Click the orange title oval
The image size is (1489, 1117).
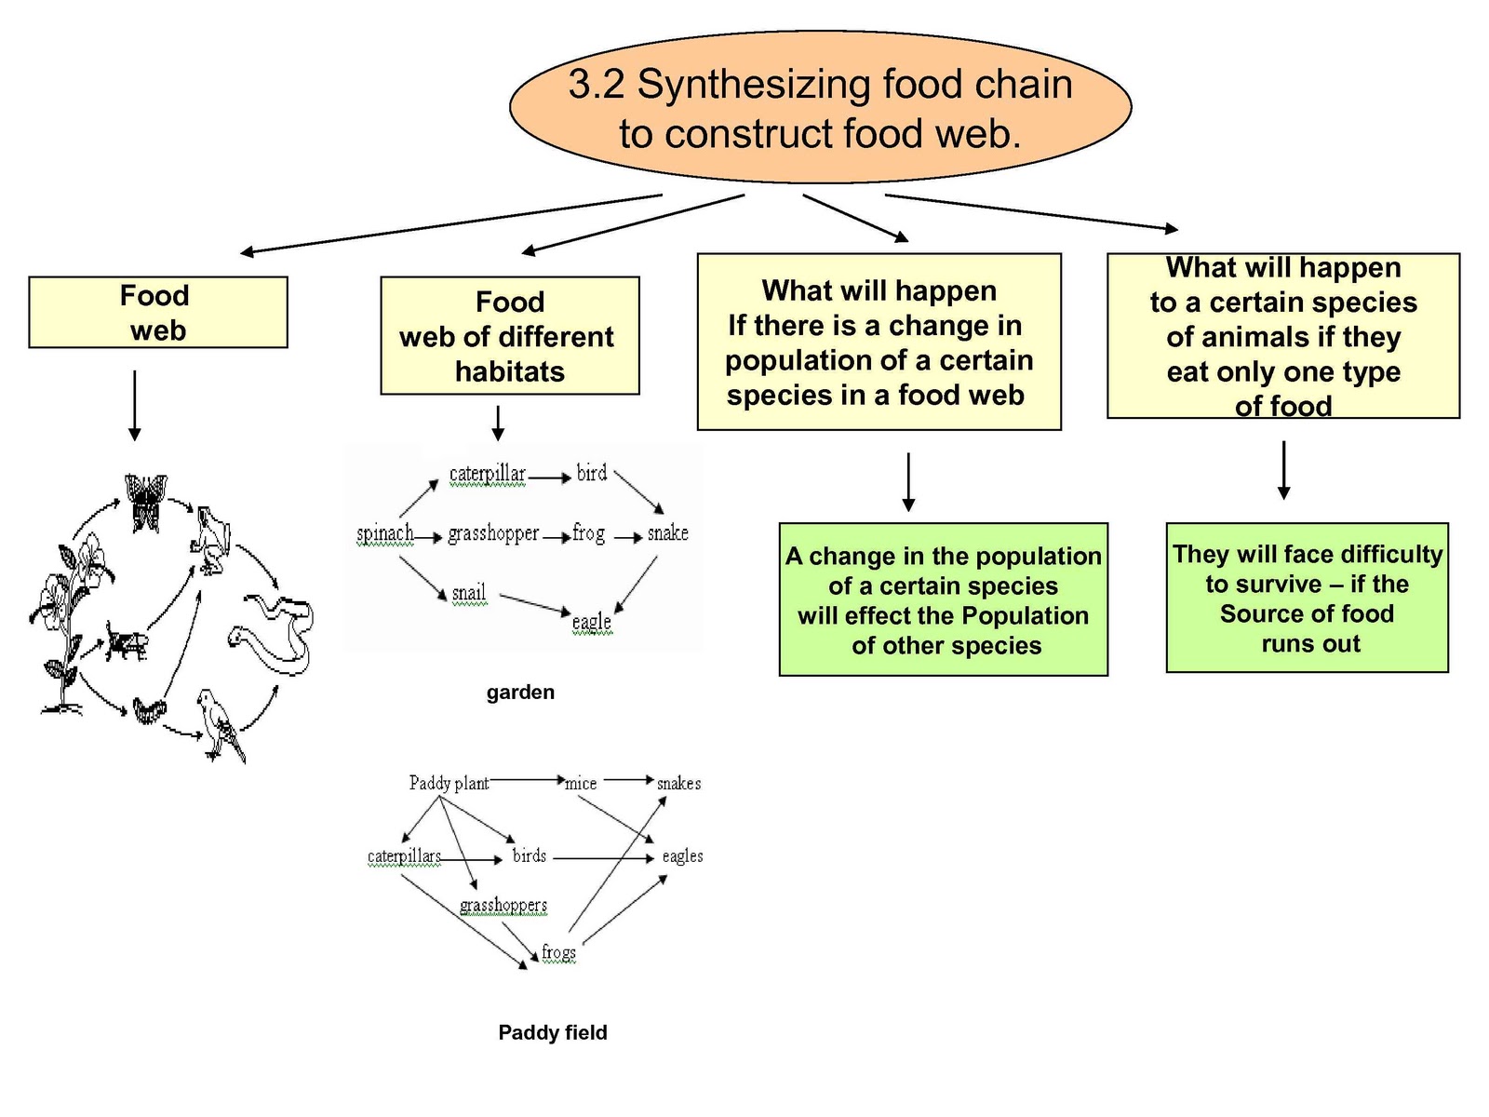click(820, 108)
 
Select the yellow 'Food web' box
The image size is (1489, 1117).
click(157, 313)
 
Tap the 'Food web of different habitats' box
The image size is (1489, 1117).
click(509, 336)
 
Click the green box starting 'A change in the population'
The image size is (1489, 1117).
click(943, 599)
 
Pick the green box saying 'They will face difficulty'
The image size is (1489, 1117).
click(1307, 598)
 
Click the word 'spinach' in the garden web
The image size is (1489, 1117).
click(384, 533)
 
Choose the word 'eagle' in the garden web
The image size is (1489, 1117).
click(592, 621)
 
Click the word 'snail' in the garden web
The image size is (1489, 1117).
click(468, 593)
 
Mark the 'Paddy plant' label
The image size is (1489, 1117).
click(449, 783)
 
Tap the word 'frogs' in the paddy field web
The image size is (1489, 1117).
click(558, 952)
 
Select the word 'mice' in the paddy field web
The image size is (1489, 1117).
click(581, 784)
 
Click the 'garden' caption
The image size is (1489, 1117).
click(520, 693)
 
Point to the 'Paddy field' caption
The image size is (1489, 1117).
click(552, 1032)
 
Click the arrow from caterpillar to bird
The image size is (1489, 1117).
click(550, 478)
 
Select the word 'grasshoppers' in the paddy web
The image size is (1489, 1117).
click(503, 905)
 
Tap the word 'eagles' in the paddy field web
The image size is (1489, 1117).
click(682, 855)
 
